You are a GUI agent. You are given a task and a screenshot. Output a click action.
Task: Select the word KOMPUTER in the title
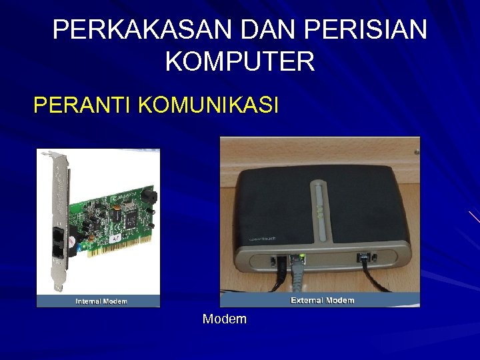point(239,62)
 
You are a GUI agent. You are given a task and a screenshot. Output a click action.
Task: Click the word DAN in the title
point(283,29)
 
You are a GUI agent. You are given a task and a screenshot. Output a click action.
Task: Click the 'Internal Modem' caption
point(101,301)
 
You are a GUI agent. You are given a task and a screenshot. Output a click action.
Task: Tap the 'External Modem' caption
point(323,300)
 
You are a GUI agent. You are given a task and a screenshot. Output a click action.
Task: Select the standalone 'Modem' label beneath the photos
point(225,319)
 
